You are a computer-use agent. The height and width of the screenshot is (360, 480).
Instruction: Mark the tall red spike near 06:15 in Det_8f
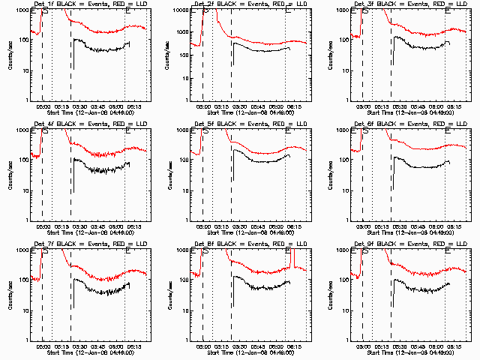294,259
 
